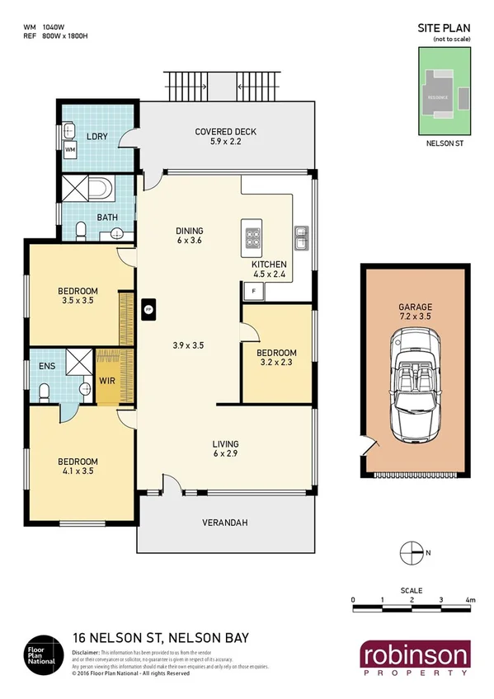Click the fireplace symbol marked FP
point(148,309)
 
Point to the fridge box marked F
point(253,291)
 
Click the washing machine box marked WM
point(70,150)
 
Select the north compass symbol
point(410,551)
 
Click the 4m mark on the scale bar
point(470,599)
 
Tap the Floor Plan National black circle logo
point(44,652)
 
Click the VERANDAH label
point(225,523)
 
